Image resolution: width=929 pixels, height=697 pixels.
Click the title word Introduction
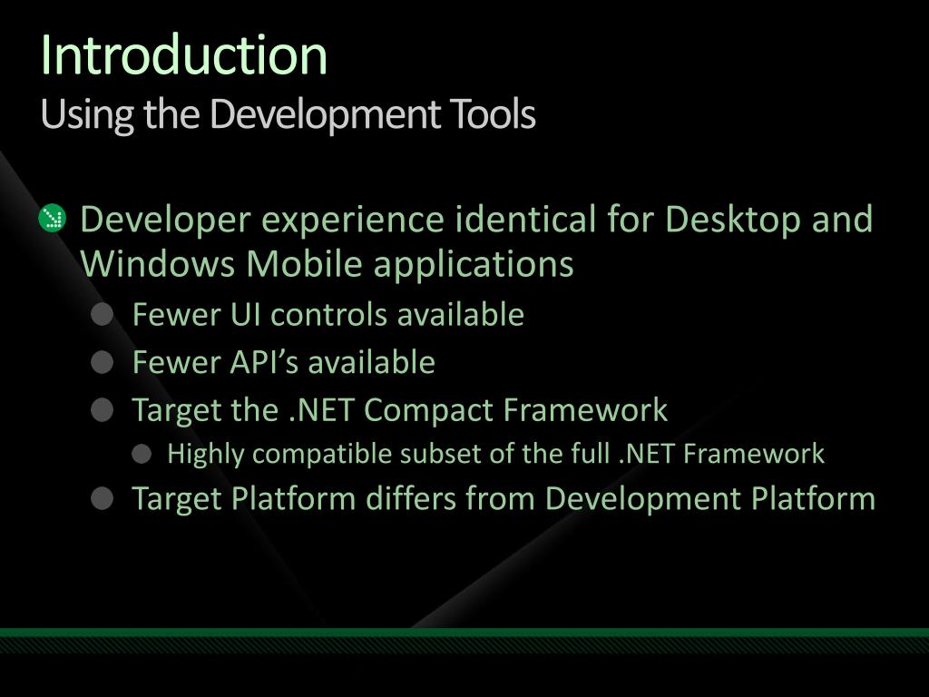click(183, 55)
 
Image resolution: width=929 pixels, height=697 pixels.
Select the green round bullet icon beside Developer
click(53, 219)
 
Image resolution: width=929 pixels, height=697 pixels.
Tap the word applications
click(473, 264)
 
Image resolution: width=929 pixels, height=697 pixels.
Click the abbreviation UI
click(244, 315)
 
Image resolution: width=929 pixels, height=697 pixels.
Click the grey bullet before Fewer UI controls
click(103, 315)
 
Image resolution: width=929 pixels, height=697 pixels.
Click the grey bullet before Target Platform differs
click(103, 498)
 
